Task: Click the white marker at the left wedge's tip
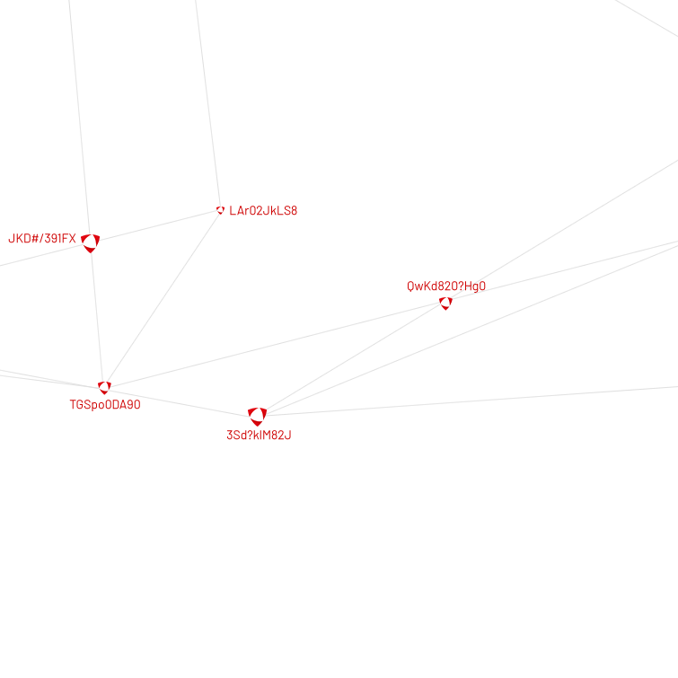(x=89, y=240)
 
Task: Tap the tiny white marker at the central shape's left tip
(x=219, y=208)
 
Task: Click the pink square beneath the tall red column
(x=453, y=313)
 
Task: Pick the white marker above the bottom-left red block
(x=104, y=386)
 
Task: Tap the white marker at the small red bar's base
(x=257, y=415)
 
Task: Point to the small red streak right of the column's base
(x=479, y=286)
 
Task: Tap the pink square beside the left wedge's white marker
(x=99, y=250)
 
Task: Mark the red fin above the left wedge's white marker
(x=97, y=232)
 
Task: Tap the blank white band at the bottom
(x=339, y=557)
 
